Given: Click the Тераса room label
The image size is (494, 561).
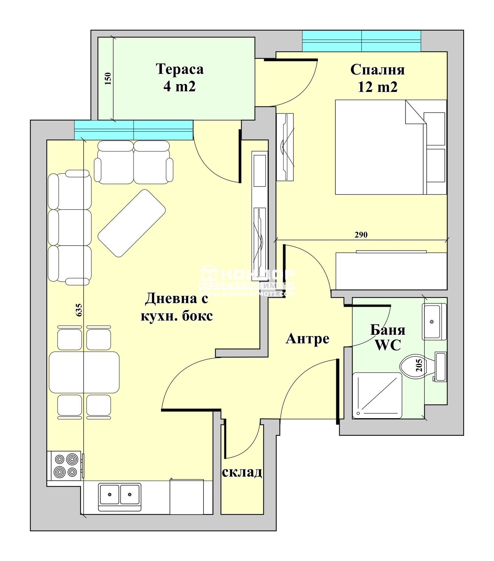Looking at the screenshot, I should coord(179,69).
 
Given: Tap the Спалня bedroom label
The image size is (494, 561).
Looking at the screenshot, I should coord(377,70).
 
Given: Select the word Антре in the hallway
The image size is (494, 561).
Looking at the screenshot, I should coord(308,339).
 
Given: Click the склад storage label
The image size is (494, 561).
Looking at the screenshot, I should coord(242,472).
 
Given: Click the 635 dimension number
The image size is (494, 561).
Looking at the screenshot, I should coord(79,310).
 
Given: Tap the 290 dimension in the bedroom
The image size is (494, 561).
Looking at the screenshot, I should coord(361,235).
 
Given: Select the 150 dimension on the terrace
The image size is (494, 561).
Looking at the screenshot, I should coord(108,79).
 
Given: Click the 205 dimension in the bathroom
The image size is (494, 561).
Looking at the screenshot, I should coord(419,365).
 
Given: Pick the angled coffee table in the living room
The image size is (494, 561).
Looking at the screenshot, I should coord(132,223).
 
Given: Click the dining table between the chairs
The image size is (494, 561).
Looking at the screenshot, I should coord(84,372).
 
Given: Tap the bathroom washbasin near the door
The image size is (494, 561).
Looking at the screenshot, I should coord(434,322).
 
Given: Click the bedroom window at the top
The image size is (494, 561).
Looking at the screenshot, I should coord(361,41).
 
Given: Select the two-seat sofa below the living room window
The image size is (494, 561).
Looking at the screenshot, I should coord(133,163).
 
